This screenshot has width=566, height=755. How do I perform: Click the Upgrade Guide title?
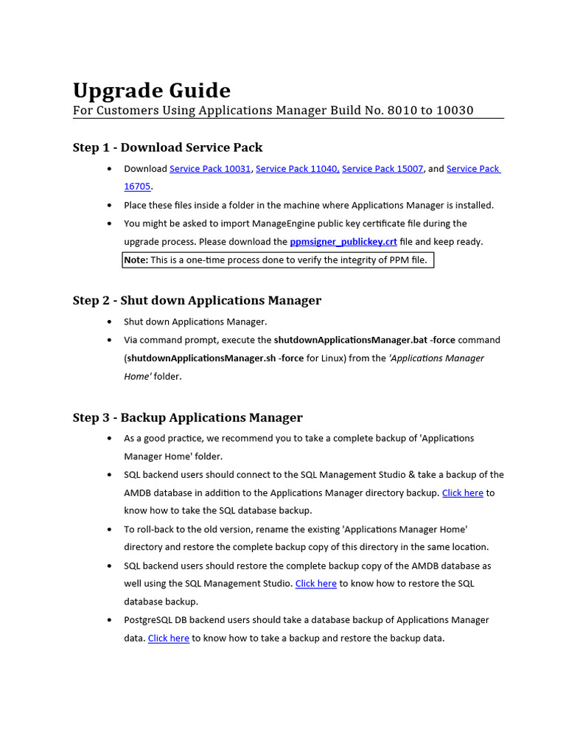(151, 91)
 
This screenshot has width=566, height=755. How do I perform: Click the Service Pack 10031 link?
(210, 169)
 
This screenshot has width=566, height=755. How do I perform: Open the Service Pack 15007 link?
(382, 169)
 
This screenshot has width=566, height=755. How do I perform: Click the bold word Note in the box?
(136, 260)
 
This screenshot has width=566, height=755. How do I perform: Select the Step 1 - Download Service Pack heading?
(167, 147)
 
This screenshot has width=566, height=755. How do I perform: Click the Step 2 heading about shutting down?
(197, 300)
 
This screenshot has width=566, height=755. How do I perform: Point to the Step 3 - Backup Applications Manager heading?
(187, 417)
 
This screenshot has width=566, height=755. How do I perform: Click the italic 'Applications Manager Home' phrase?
(436, 358)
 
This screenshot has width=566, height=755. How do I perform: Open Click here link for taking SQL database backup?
(462, 493)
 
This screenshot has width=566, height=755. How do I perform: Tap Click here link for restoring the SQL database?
(315, 583)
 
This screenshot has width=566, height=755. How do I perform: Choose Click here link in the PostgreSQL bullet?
(168, 638)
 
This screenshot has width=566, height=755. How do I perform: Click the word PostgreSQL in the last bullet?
(149, 620)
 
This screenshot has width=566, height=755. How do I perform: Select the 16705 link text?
(137, 187)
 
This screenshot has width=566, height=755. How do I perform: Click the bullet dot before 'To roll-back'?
(110, 529)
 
